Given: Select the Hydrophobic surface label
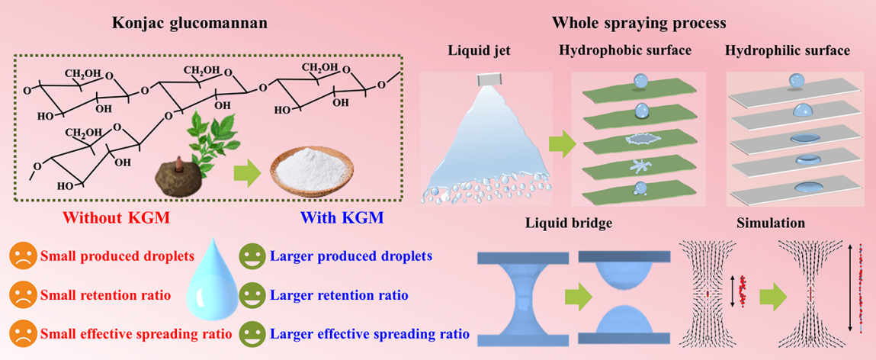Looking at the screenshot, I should click(x=624, y=53).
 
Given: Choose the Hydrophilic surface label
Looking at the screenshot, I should click(x=788, y=53).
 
